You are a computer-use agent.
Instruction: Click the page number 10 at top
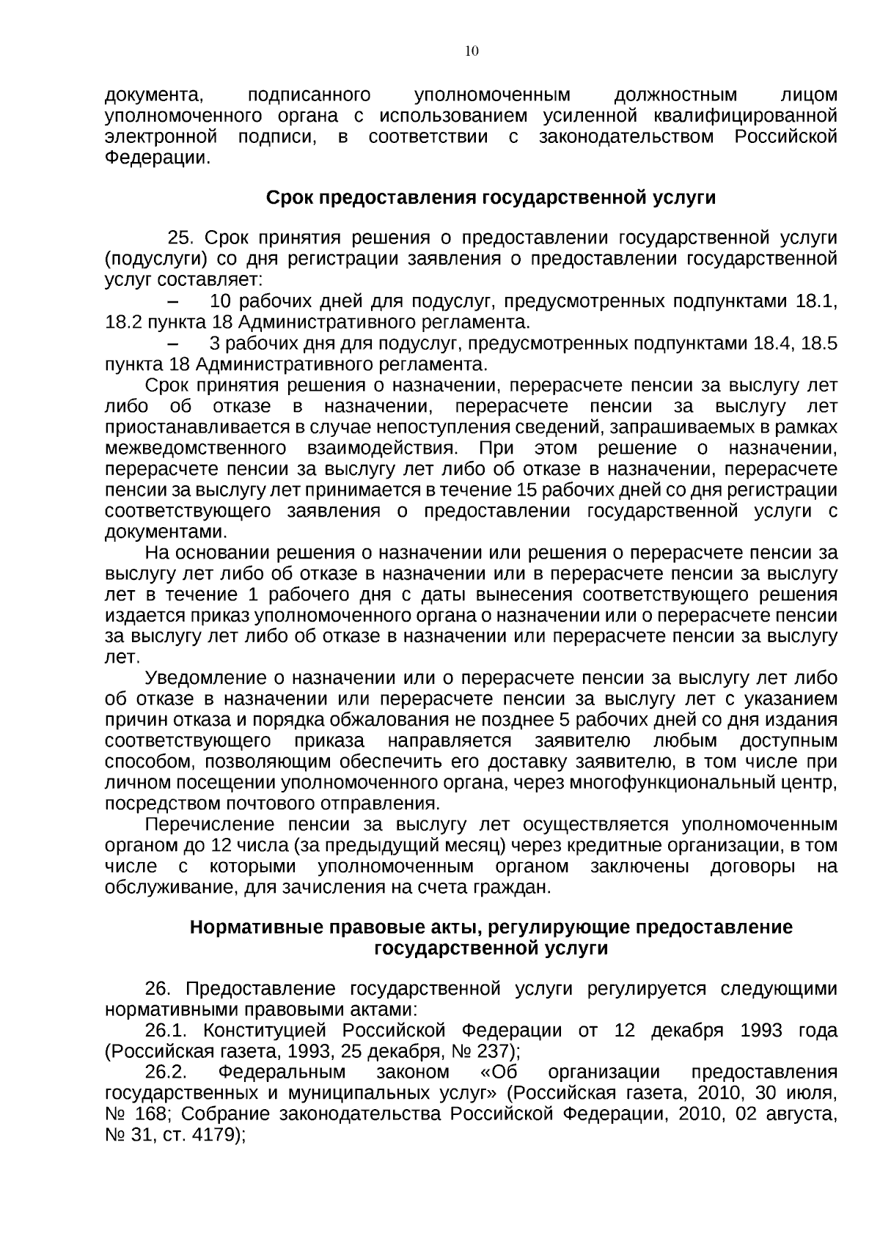pyautogui.click(x=472, y=51)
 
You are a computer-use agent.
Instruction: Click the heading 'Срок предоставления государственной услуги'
pyautogui.click(x=491, y=198)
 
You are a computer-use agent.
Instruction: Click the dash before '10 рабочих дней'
pyautogui.click(x=174, y=302)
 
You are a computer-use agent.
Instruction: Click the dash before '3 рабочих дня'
pyautogui.click(x=174, y=344)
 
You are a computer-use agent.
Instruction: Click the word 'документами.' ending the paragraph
pyautogui.click(x=166, y=531)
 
